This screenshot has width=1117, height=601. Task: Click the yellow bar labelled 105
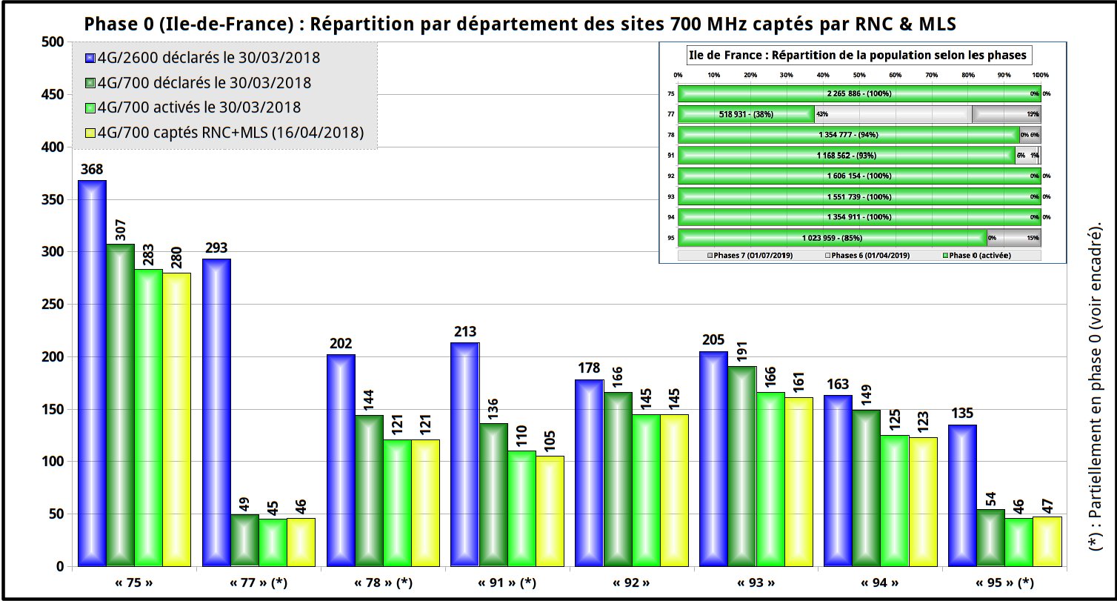pyautogui.click(x=550, y=511)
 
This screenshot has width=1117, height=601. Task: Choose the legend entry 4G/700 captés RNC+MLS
pyautogui.click(x=230, y=133)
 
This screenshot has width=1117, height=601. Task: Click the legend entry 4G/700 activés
pyautogui.click(x=199, y=107)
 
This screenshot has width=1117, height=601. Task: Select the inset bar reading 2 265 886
pyautogui.click(x=859, y=93)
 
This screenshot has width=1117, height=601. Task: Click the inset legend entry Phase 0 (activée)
pyautogui.click(x=978, y=255)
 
